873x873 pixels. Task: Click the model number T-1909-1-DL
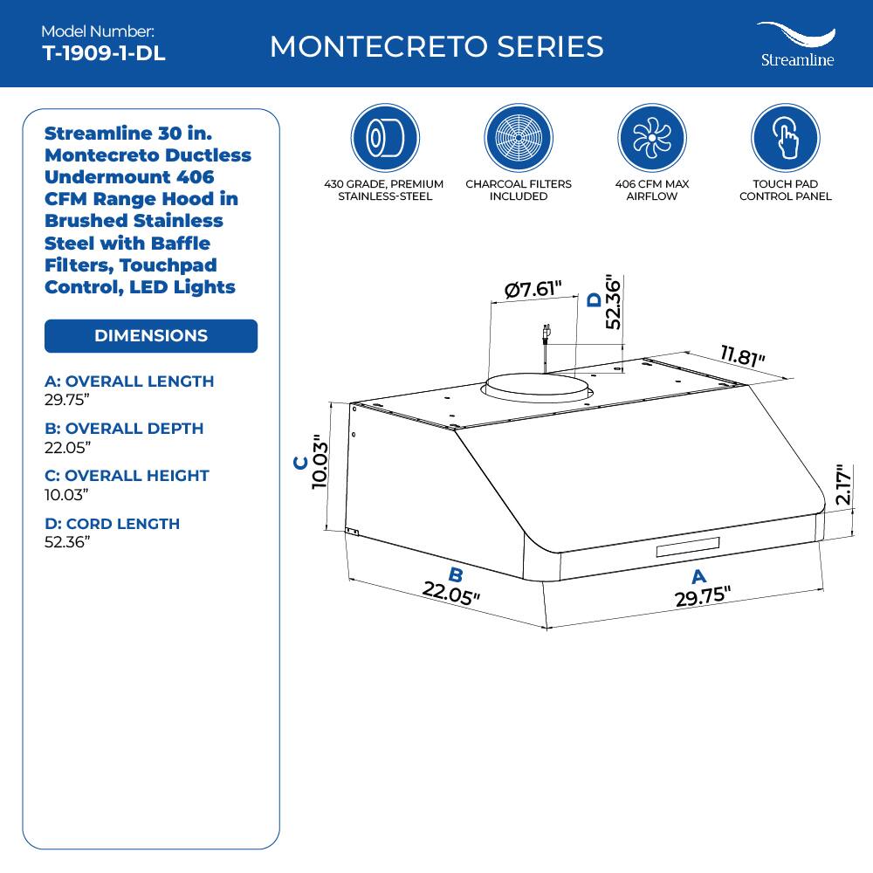click(x=103, y=53)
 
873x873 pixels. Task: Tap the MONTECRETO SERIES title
click(x=436, y=46)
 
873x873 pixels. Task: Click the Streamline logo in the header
click(x=796, y=45)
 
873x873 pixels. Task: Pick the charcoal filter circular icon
click(x=518, y=138)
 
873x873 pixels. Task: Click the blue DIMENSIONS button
click(x=151, y=336)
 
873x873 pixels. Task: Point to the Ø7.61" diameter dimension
click(x=533, y=289)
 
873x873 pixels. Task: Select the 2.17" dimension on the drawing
click(x=842, y=485)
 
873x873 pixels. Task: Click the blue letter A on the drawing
click(x=698, y=576)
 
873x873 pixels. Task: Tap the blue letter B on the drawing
click(x=455, y=574)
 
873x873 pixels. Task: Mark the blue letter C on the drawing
click(x=299, y=463)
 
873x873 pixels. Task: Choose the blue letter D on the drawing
click(x=595, y=299)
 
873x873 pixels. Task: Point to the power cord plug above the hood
click(x=546, y=335)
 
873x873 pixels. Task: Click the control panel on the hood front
click(x=689, y=547)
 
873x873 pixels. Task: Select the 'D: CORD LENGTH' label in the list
click(x=112, y=524)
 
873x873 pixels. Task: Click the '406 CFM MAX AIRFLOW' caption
click(x=651, y=190)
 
